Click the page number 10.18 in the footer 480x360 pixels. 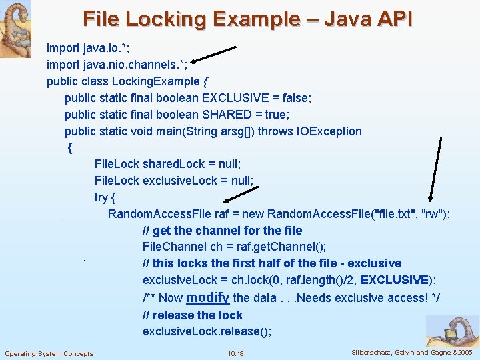[235, 353]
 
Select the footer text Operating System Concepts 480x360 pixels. [49, 353]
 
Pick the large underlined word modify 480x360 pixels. [208, 297]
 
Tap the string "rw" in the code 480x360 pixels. [435, 214]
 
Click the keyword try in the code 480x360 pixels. [101, 197]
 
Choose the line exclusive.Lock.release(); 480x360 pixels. [207, 331]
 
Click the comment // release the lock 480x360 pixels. [193, 315]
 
